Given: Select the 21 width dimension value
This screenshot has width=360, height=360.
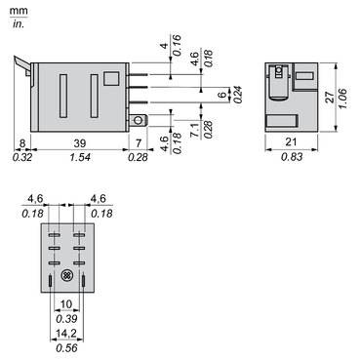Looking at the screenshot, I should [x=291, y=142].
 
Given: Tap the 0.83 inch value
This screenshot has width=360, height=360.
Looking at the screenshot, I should [x=291, y=157].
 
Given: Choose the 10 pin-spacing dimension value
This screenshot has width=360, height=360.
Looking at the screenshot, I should [x=67, y=305].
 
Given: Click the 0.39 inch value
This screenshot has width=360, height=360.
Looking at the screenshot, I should [x=67, y=319].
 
